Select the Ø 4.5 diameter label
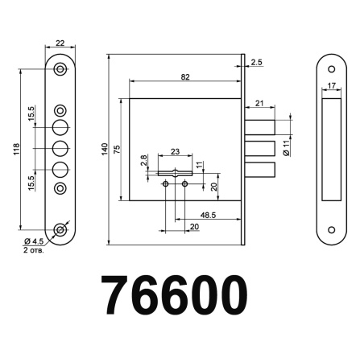(33, 242)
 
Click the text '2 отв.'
(34, 251)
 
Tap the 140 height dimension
(104, 150)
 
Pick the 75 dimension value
(118, 150)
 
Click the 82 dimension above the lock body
(185, 77)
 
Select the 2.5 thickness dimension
(256, 61)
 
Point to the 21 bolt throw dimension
(259, 102)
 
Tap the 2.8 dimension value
(143, 162)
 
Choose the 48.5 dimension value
(207, 216)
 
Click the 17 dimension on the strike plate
(331, 84)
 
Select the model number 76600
(172, 296)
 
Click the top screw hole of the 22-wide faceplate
(60, 69)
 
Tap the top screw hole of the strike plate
(330, 69)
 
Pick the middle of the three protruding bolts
(259, 147)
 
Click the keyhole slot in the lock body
(175, 172)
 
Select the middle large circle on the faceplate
(60, 149)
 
